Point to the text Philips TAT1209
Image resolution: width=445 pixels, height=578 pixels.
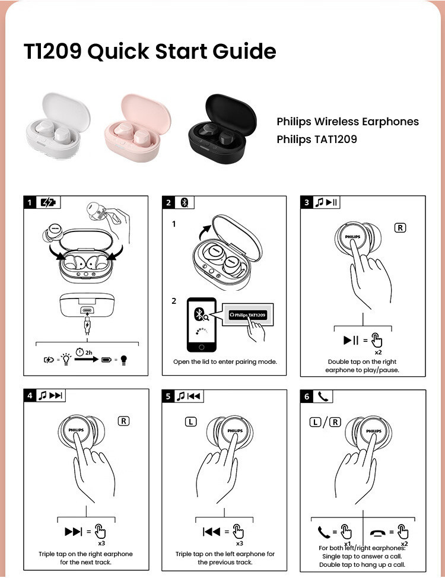[x=317, y=140]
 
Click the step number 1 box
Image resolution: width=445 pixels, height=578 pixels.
[x=30, y=202]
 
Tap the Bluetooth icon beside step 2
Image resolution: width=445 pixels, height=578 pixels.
[x=184, y=202]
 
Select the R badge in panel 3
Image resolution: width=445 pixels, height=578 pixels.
[x=401, y=228]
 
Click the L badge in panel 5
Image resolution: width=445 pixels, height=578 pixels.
[x=190, y=422]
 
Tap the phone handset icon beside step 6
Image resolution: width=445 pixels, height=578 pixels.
[x=324, y=396]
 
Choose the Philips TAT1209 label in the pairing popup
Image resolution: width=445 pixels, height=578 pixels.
[x=247, y=315]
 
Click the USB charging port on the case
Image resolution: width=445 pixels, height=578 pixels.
[x=87, y=310]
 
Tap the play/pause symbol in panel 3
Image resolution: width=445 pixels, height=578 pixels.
[x=351, y=341]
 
